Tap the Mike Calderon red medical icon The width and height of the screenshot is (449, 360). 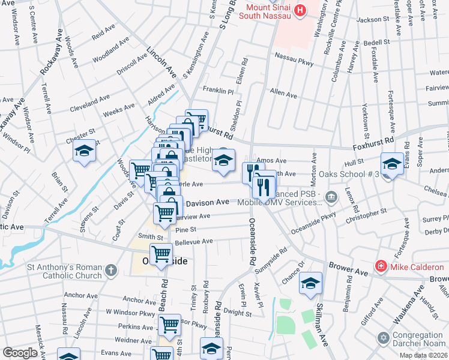[x=379, y=266]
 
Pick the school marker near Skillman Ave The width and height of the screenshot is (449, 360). [x=310, y=284]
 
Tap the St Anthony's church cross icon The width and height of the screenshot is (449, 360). [x=110, y=271]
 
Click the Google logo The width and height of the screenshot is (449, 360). [x=20, y=353]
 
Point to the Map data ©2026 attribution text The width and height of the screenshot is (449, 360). [x=423, y=355]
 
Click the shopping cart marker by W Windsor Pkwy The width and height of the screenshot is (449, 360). [x=169, y=325]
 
